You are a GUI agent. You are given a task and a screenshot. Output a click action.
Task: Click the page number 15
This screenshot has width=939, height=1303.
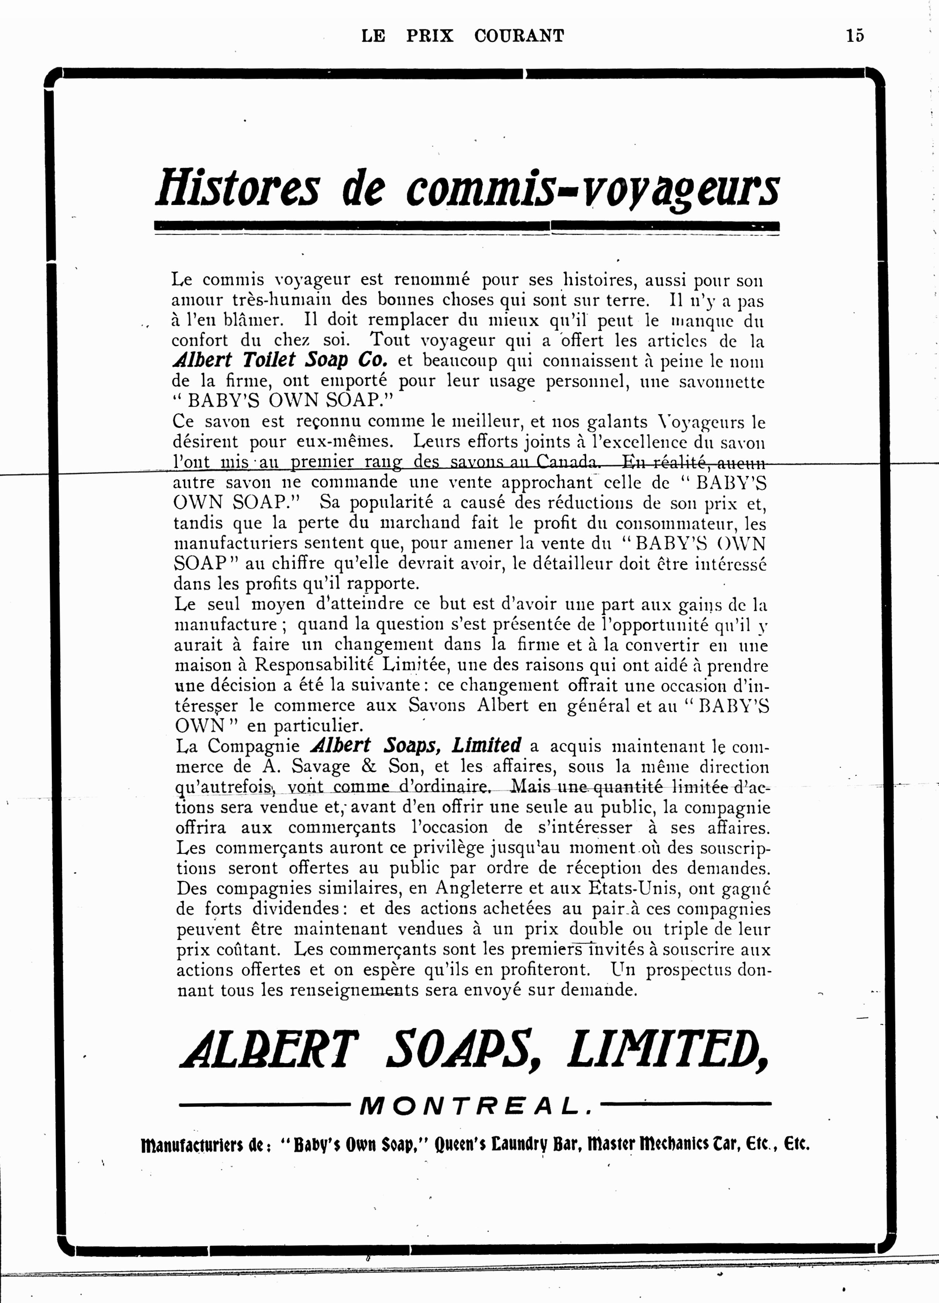click(x=854, y=35)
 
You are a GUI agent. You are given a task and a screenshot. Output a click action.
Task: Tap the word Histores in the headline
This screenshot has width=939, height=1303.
click(x=237, y=188)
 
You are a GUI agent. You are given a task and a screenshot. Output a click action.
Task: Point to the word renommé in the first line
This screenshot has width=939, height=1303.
click(x=431, y=280)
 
